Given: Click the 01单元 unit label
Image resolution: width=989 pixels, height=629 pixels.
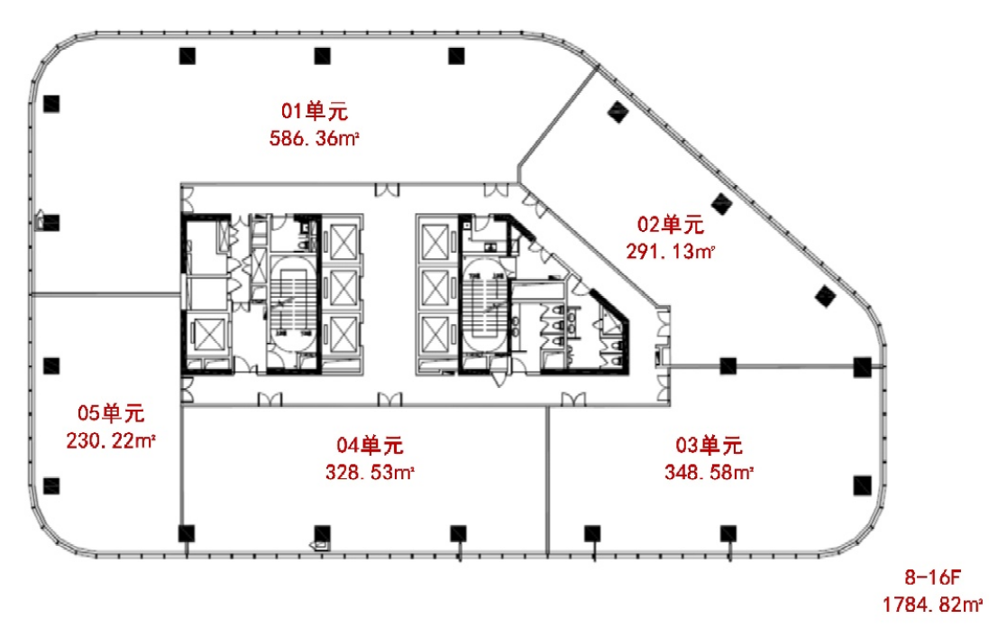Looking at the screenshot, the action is click(314, 111).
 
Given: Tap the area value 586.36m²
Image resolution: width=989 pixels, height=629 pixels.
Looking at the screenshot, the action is click(314, 138).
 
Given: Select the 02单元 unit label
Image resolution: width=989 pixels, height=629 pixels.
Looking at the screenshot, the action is click(670, 224).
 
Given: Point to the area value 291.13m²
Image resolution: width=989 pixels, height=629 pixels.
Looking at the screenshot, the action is click(670, 252).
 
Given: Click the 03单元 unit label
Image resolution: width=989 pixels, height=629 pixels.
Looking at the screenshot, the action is click(709, 445).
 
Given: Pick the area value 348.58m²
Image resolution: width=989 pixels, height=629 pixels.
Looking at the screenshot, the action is click(709, 472).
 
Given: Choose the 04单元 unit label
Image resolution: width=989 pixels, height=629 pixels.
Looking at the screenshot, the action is click(370, 445).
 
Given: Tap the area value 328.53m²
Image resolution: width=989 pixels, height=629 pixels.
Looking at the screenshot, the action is click(370, 472).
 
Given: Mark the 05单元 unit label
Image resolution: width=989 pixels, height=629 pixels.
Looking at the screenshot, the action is click(111, 413).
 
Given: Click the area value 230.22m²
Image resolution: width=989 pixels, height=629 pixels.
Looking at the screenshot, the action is click(111, 440).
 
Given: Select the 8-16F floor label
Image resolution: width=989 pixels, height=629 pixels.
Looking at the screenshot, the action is click(932, 577).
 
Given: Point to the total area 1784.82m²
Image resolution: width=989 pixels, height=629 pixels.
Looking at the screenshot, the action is click(932, 605).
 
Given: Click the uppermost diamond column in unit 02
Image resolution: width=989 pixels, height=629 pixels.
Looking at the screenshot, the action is click(618, 113).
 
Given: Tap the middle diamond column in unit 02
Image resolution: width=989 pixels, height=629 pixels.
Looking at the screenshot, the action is click(721, 203).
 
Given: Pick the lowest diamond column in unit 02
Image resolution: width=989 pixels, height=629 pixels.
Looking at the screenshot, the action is click(825, 296).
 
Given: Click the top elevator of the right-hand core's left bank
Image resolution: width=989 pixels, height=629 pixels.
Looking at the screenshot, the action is click(435, 242).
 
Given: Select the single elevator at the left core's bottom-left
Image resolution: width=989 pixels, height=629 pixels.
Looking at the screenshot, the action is click(209, 335).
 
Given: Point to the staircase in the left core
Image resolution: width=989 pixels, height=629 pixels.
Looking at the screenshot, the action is click(292, 302).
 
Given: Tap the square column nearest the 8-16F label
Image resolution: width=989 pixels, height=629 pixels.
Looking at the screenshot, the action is click(862, 486).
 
